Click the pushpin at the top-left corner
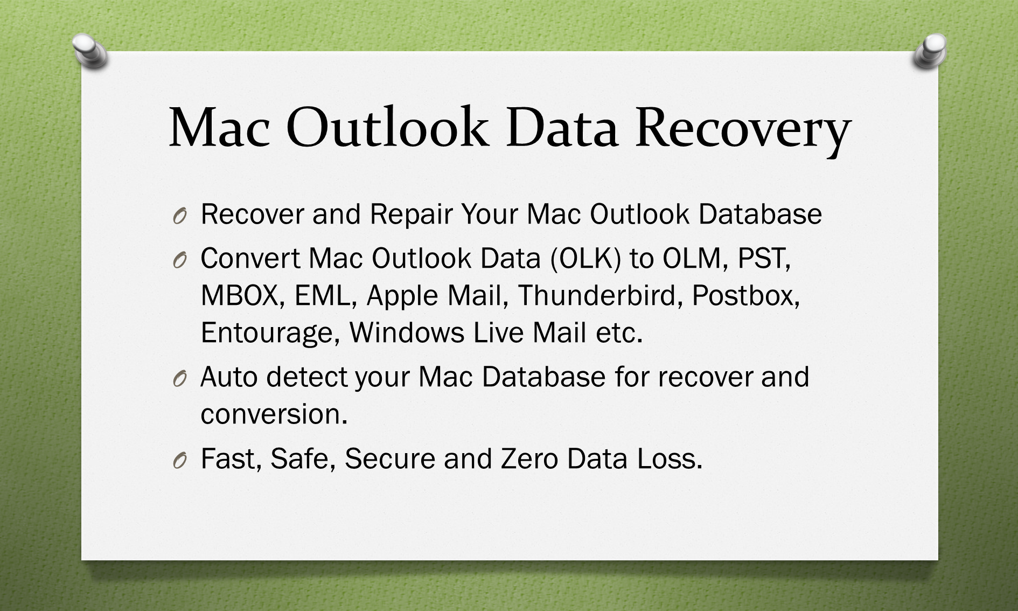click(89, 51)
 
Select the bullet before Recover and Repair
click(180, 216)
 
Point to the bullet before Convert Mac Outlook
click(180, 260)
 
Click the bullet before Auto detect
click(180, 379)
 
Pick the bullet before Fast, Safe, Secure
click(180, 461)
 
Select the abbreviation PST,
click(764, 259)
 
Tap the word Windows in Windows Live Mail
click(407, 333)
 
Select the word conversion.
click(274, 414)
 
